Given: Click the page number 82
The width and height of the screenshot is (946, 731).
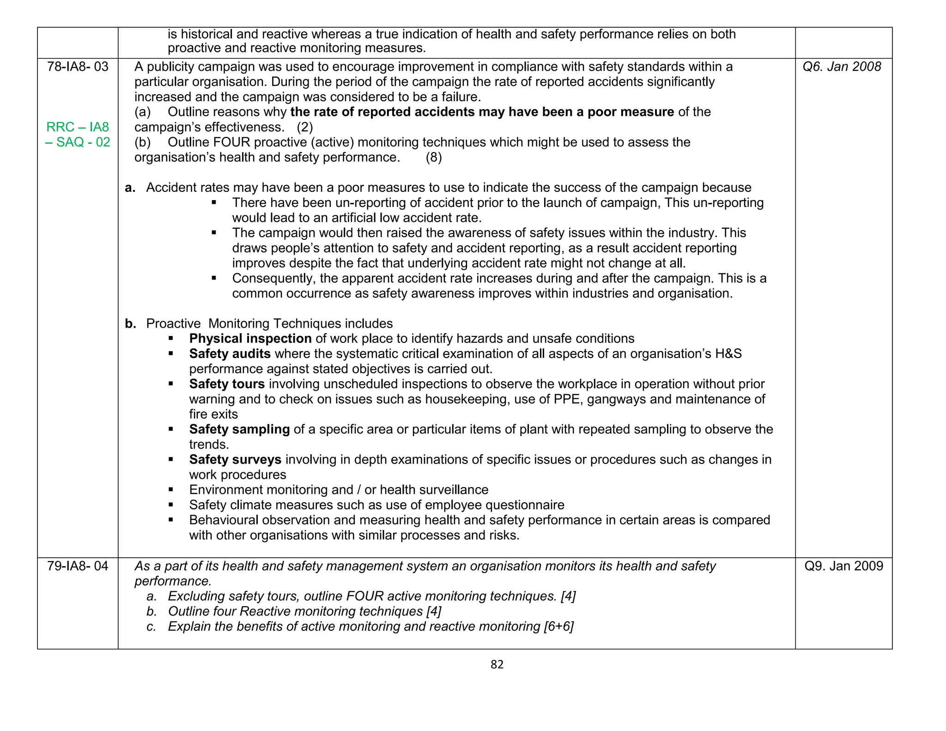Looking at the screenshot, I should coord(497,664).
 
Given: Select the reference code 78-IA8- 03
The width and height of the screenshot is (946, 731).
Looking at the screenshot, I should coord(78,67).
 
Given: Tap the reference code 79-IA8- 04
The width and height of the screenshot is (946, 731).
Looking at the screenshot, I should coord(78,566).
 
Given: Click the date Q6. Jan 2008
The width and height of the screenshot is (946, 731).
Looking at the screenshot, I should coord(842,67).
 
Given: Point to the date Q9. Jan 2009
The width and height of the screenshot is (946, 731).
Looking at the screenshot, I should coord(843,566).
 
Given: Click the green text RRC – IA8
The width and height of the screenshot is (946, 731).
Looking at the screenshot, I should coord(78,127).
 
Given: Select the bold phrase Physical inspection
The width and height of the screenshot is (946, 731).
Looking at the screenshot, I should coord(250,339).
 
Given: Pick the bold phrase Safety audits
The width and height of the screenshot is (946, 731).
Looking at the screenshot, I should coord(230,354).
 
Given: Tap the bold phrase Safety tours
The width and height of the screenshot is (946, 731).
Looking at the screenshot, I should coord(227,384).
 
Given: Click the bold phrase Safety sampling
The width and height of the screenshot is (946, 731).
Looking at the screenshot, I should coord(239,429).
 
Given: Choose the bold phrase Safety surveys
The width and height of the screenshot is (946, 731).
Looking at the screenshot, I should coord(235,460).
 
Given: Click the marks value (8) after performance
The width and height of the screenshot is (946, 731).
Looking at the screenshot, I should coord(433,158).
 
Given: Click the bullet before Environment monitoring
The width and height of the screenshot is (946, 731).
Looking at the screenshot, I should coord(171,489).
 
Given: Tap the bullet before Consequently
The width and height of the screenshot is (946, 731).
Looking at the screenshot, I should coord(214,278).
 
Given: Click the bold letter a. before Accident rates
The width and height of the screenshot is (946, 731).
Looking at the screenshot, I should coord(130,188).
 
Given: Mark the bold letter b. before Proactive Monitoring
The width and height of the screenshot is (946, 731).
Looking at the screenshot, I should coord(130,324).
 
